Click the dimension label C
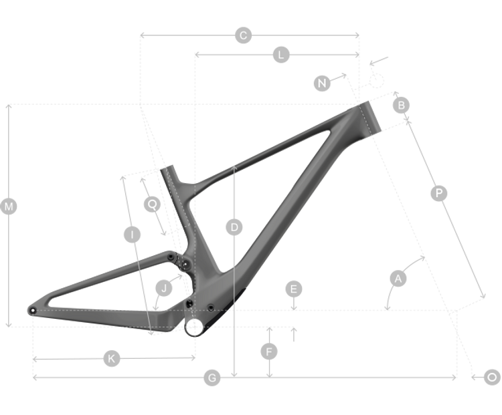(x=244, y=36)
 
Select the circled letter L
(x=281, y=55)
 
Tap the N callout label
(x=323, y=83)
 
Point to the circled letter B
(x=400, y=105)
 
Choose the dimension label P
(x=438, y=193)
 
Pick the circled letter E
(x=294, y=289)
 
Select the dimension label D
(x=234, y=228)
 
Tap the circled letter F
(x=269, y=350)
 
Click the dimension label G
(x=212, y=378)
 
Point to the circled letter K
(x=112, y=359)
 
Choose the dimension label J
(x=163, y=289)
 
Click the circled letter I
(x=132, y=235)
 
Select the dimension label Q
(x=153, y=204)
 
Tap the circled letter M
(x=9, y=207)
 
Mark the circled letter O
(x=492, y=378)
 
